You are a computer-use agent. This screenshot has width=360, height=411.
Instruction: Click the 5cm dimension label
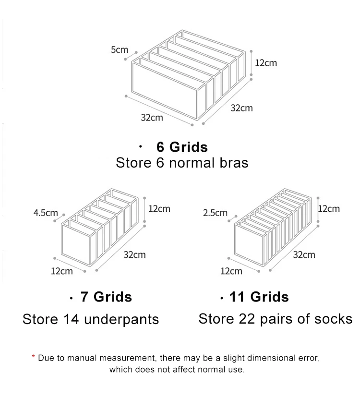(120, 49)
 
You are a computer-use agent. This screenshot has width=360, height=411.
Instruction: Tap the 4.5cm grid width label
(46, 213)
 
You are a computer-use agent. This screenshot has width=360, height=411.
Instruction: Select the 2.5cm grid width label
(215, 213)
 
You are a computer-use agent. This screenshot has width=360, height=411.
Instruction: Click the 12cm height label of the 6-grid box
(265, 63)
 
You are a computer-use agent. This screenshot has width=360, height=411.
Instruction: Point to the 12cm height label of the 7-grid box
(159, 209)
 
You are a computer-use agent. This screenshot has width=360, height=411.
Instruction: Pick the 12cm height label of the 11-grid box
(329, 209)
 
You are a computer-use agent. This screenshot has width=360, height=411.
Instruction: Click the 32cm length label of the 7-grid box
(134, 254)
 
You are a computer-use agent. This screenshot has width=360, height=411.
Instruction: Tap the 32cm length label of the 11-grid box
(304, 254)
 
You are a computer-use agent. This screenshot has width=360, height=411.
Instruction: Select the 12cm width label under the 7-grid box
(62, 271)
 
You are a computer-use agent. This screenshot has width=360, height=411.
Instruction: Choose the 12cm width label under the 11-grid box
(231, 271)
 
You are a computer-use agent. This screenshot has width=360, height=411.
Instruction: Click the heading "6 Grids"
(182, 146)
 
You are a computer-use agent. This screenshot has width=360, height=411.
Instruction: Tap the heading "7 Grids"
(106, 297)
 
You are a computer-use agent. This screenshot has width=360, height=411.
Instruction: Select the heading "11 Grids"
(259, 297)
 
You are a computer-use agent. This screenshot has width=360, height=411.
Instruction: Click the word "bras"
(232, 163)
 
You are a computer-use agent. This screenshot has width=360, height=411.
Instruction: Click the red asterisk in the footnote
(34, 357)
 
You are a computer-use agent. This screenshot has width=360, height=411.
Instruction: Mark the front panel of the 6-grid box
(165, 91)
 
